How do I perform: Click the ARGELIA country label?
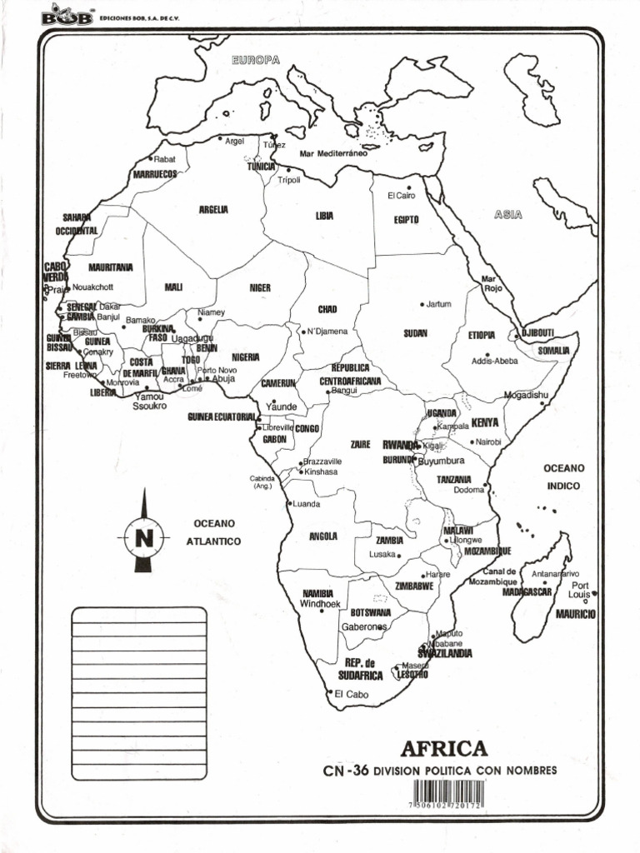tap(213, 209)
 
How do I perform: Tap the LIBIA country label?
tap(324, 215)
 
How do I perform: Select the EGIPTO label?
tap(406, 220)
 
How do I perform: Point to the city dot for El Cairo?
tap(408, 188)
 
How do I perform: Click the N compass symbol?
tap(143, 537)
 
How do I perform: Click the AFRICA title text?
tap(443, 748)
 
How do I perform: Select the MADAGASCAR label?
tap(527, 591)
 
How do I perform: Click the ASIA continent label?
tap(507, 215)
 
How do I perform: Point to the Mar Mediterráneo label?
tap(333, 153)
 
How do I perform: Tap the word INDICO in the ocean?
tap(564, 485)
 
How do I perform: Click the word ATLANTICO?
tap(213, 541)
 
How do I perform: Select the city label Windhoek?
tap(320, 604)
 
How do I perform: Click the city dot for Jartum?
tap(422, 305)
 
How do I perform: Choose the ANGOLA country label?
tap(322, 536)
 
